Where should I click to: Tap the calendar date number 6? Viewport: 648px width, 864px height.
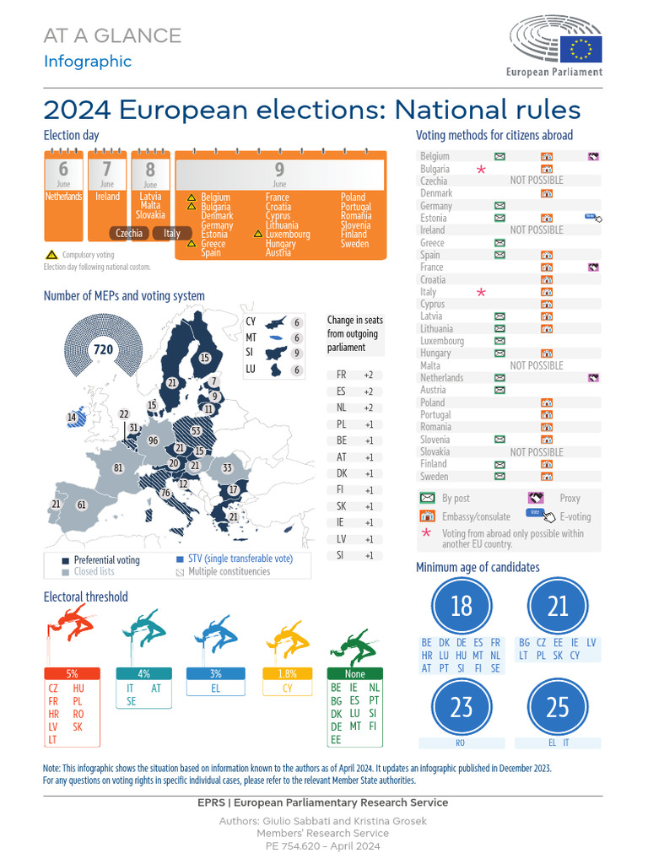point(64,170)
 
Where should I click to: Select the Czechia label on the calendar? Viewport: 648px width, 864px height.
point(129,233)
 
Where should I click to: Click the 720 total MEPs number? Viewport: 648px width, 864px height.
point(103,349)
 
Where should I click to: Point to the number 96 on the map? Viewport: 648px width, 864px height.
point(153,440)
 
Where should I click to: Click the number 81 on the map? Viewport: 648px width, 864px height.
point(119,468)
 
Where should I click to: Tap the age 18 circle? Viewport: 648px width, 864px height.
point(462,605)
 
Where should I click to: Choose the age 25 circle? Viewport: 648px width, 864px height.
point(557,706)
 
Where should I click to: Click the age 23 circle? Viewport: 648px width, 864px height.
point(462,706)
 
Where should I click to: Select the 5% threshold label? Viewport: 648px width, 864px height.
point(72,673)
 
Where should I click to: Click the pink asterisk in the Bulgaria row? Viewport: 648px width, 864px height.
point(481,169)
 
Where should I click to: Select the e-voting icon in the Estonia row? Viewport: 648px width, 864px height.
point(594,218)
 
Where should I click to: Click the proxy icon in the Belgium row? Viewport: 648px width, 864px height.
point(594,156)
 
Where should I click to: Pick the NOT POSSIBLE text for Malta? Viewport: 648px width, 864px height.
point(537,365)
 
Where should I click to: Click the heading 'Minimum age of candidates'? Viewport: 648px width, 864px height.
point(478,567)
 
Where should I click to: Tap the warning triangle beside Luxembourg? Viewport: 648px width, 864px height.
point(258,234)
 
